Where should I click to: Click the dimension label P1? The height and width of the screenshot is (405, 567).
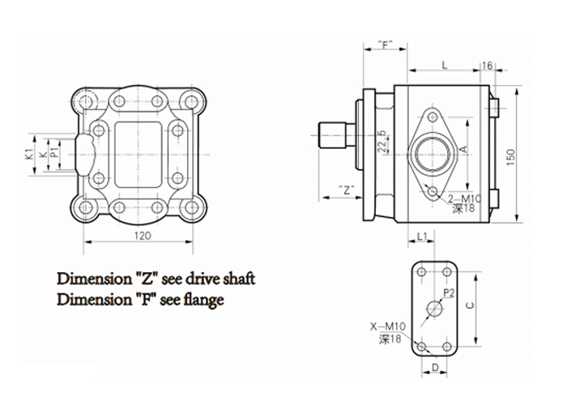[53, 151]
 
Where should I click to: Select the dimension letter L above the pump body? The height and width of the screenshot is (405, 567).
[445, 63]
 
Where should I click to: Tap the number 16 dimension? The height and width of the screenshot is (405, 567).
[488, 64]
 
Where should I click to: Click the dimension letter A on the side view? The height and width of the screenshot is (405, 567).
[464, 150]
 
